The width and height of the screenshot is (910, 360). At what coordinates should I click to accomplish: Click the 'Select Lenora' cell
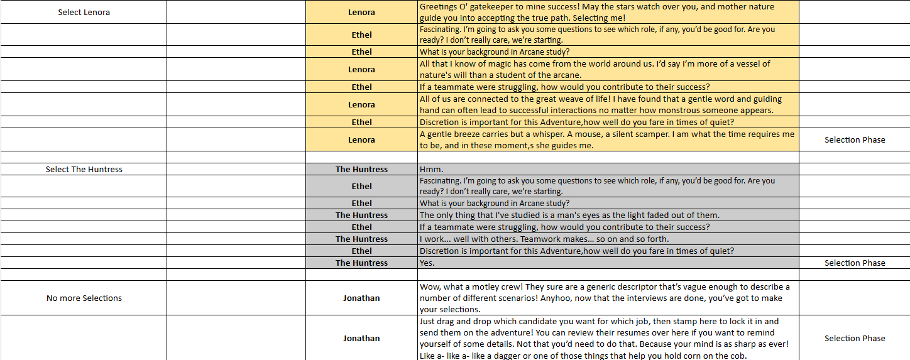pos(84,13)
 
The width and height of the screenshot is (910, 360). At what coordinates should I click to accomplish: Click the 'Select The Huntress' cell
pos(84,170)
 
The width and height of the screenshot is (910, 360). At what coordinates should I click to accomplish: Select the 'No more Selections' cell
pos(84,298)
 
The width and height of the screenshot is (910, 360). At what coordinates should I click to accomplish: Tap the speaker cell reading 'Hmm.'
pos(432,170)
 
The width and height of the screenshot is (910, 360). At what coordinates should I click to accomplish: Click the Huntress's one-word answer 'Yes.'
pos(427,263)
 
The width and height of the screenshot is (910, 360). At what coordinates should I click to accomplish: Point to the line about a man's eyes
pos(569,215)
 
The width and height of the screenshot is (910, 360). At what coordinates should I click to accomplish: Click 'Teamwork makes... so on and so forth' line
pos(544,239)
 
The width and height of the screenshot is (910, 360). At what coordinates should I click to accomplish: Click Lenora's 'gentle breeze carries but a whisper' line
pos(607,139)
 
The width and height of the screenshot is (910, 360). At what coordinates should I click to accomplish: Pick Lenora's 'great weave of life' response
pos(601,104)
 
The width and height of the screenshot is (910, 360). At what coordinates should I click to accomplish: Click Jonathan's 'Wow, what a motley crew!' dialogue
pos(605,298)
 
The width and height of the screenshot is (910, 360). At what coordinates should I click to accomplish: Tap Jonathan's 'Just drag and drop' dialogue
pos(603,338)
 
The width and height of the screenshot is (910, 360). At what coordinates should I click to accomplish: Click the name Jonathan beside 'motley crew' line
pos(361,298)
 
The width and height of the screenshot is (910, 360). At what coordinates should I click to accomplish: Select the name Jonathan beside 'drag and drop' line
pos(361,338)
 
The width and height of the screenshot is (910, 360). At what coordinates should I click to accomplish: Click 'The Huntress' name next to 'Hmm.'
pos(361,170)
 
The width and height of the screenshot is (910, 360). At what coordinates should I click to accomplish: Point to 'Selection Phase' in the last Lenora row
pos(855,140)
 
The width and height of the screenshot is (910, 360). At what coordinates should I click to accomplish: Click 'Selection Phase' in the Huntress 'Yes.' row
pos(855,263)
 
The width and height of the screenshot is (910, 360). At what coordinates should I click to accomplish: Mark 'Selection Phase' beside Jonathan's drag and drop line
pos(855,338)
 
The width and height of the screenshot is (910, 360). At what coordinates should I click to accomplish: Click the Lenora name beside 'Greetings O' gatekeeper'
pos(361,13)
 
